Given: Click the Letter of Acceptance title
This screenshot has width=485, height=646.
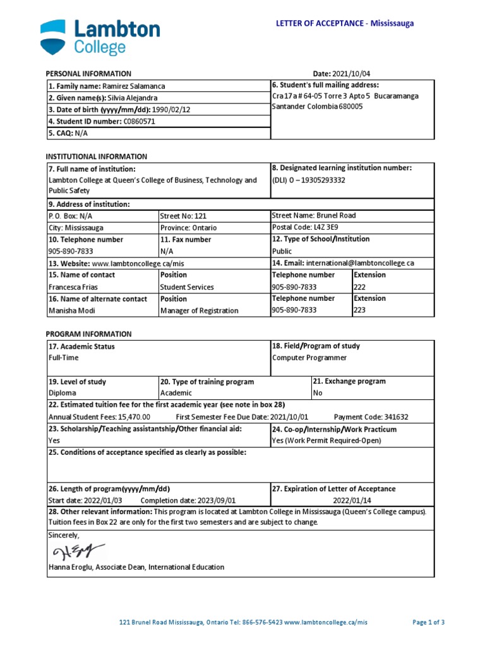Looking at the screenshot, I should click(x=345, y=23).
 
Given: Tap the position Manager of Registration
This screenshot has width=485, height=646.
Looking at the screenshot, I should click(x=199, y=310).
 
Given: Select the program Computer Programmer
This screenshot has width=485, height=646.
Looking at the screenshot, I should click(x=309, y=358).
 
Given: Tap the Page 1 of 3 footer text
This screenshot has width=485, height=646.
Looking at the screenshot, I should click(x=428, y=622).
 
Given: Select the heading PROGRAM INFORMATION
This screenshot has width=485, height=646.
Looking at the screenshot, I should click(x=88, y=334).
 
